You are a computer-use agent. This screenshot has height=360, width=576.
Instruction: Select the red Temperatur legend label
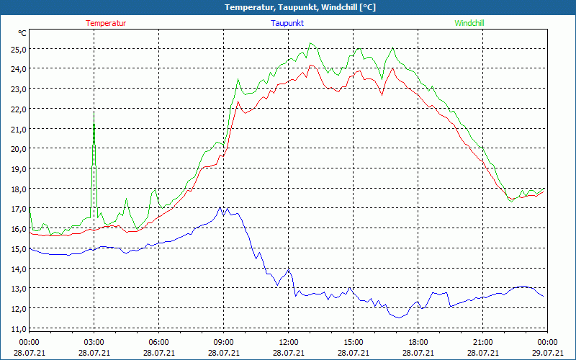(x=106, y=23)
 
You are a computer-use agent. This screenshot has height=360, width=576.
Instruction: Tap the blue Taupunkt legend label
(x=287, y=23)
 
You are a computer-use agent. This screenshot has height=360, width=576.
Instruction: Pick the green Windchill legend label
(x=469, y=23)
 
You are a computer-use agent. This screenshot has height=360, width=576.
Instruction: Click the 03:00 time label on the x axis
(x=94, y=342)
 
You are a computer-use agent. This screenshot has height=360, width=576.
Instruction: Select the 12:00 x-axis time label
(x=288, y=342)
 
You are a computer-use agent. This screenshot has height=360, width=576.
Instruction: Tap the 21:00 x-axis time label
(x=482, y=342)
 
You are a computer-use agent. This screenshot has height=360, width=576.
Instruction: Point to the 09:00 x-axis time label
(x=223, y=342)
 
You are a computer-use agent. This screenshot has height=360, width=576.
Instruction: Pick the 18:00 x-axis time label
(x=418, y=342)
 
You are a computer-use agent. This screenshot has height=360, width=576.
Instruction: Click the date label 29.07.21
(x=547, y=353)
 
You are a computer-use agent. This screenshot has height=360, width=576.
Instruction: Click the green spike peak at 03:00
(x=94, y=111)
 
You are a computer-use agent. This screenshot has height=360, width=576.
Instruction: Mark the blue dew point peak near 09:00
(x=220, y=207)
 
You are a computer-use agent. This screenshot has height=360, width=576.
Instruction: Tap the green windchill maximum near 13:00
(x=310, y=42)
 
